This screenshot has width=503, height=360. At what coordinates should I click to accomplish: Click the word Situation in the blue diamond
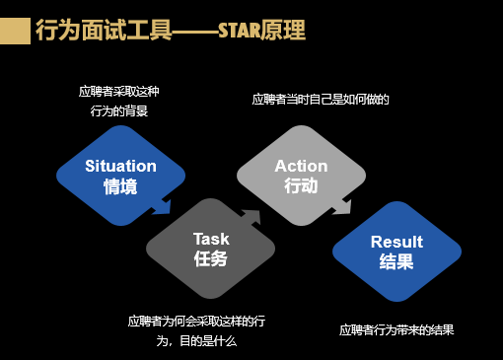pos(120,165)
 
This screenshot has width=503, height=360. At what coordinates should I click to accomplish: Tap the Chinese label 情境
pos(120,185)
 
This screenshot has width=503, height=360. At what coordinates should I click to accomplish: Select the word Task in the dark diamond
pos(211,239)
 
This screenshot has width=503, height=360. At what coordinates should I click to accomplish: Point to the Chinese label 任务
pos(211,259)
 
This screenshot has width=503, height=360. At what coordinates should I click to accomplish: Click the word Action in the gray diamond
pos(301,166)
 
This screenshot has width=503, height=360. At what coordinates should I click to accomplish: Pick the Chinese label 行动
pos(301,185)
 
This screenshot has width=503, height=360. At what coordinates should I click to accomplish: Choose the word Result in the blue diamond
pos(396,242)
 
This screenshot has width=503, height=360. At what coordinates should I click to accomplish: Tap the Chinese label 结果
pos(396,262)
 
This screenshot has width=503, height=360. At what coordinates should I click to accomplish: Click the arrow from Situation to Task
pos(160,207)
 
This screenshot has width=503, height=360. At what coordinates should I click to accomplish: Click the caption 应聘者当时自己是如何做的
pos(321,100)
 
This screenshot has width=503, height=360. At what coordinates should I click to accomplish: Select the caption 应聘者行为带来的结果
pos(396,329)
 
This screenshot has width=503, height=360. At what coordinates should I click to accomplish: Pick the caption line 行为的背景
pos(119,110)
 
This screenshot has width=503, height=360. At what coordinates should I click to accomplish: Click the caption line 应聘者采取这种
pos(119,92)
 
